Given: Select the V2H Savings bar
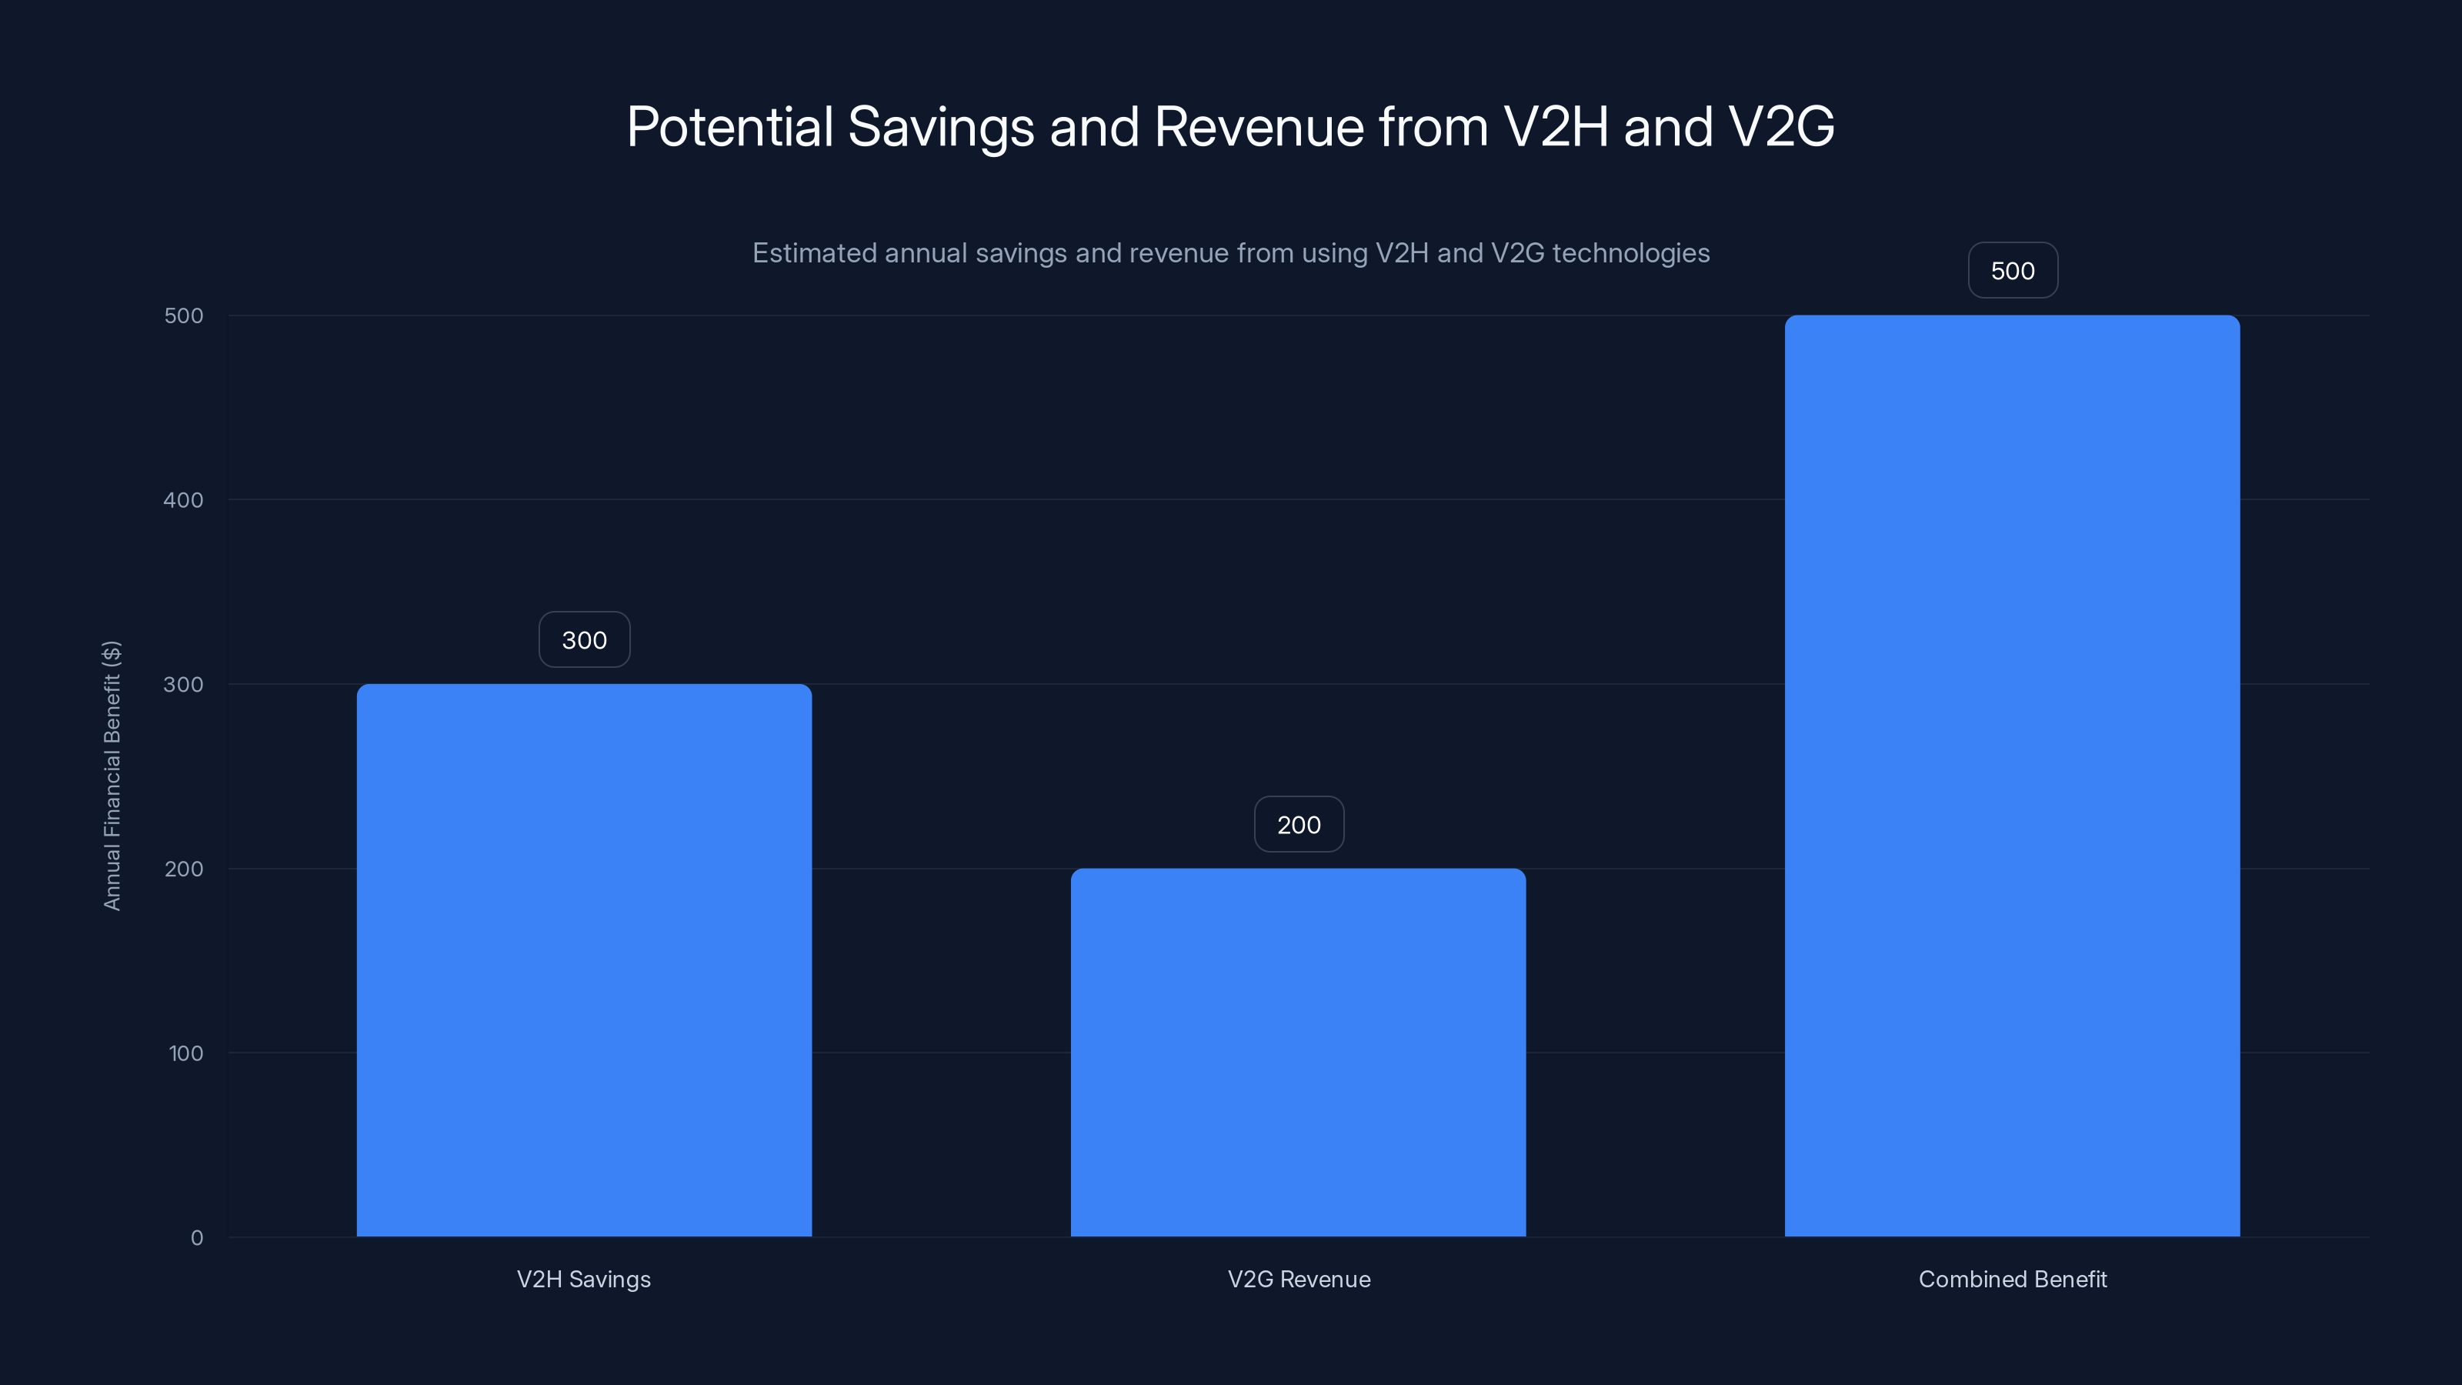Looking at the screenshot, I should click(x=584, y=959).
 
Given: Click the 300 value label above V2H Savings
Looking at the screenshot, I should click(x=584, y=639).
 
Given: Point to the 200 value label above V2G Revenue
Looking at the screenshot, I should click(x=1299, y=824).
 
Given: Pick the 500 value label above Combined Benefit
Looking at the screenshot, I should click(x=2013, y=271).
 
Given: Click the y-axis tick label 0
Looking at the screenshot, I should click(x=197, y=1238).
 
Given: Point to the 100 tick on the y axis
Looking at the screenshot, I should click(x=185, y=1053).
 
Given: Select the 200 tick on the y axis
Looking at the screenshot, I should click(x=184, y=869).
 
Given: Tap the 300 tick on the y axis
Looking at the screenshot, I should click(x=184, y=684).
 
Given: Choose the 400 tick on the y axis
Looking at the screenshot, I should click(x=184, y=500).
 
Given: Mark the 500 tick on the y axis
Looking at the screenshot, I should click(x=184, y=315).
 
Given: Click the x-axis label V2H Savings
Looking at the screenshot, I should click(x=584, y=1279).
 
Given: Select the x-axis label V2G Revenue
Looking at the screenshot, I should click(x=1299, y=1279).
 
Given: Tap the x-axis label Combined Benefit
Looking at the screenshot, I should click(x=2013, y=1279).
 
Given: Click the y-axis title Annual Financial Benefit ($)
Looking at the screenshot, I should click(x=112, y=775).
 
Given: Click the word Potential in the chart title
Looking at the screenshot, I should click(x=730, y=127).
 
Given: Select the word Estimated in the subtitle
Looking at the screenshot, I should click(x=813, y=253).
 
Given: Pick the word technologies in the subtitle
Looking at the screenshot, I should click(x=1630, y=253).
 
